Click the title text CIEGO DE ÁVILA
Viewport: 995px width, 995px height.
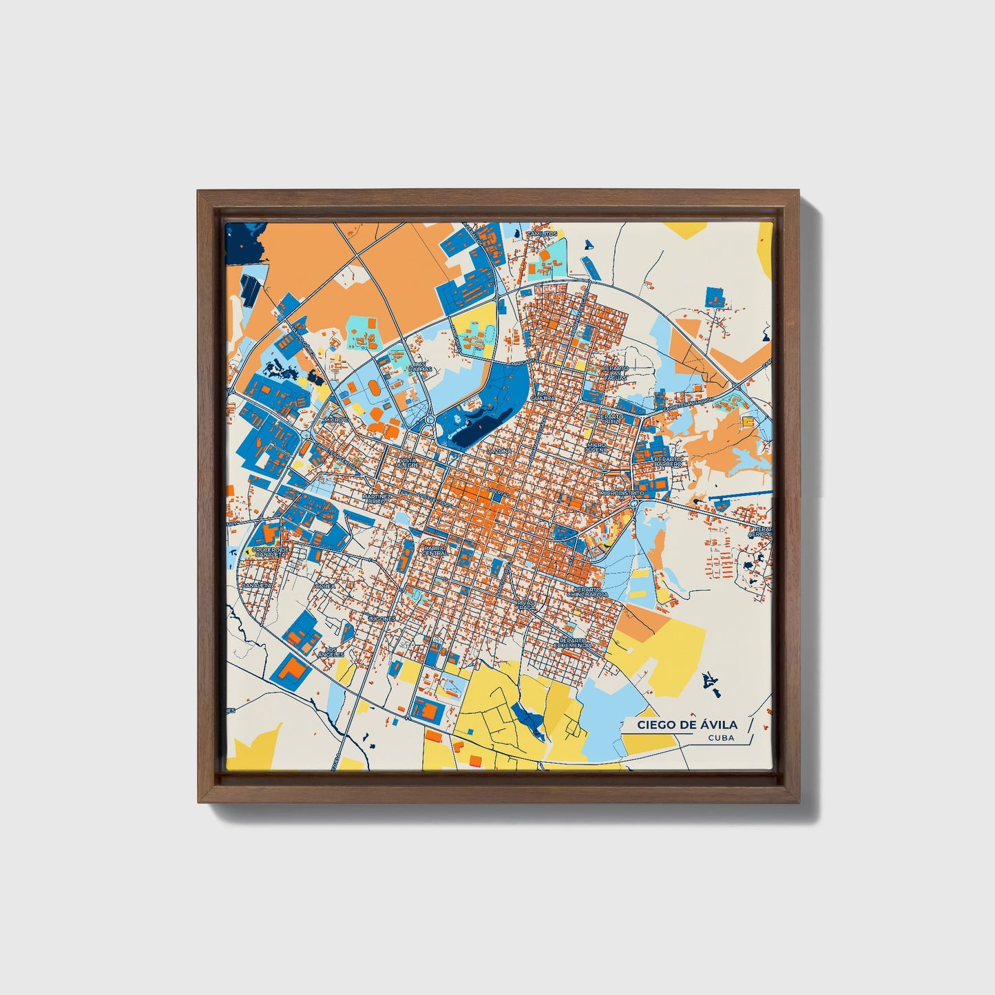tap(687, 724)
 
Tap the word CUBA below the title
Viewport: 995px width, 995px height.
tap(720, 738)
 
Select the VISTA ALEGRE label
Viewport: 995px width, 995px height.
tap(408, 463)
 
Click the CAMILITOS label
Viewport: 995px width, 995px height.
tap(541, 234)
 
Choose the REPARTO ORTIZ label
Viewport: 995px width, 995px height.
tap(610, 419)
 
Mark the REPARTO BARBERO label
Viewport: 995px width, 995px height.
tap(667, 461)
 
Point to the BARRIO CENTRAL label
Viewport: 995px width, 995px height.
tap(434, 551)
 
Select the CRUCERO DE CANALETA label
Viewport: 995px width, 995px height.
tap(271, 552)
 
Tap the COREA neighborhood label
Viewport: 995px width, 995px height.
tap(324, 586)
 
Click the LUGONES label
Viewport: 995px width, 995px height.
tap(381, 618)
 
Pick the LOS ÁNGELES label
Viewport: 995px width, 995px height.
tap(331, 651)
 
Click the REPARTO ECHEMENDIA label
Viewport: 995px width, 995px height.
tap(575, 642)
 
